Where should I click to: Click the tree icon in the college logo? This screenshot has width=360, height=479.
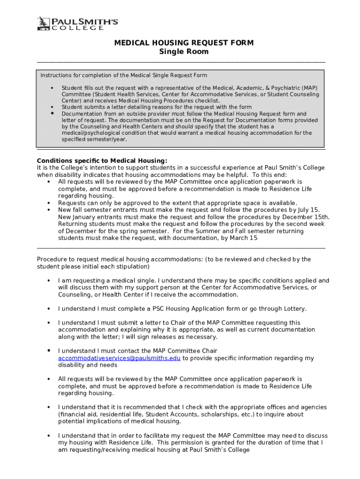click(43, 23)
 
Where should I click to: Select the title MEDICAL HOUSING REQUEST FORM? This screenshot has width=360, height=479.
click(184, 43)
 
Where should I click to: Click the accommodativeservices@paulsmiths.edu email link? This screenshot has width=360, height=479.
click(119, 358)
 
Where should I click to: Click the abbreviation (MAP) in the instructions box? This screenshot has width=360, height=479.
click(309, 88)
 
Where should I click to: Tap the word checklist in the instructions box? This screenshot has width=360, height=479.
click(205, 101)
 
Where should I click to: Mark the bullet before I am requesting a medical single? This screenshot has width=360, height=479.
click(49, 281)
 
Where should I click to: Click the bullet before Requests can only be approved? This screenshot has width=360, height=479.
click(49, 203)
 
